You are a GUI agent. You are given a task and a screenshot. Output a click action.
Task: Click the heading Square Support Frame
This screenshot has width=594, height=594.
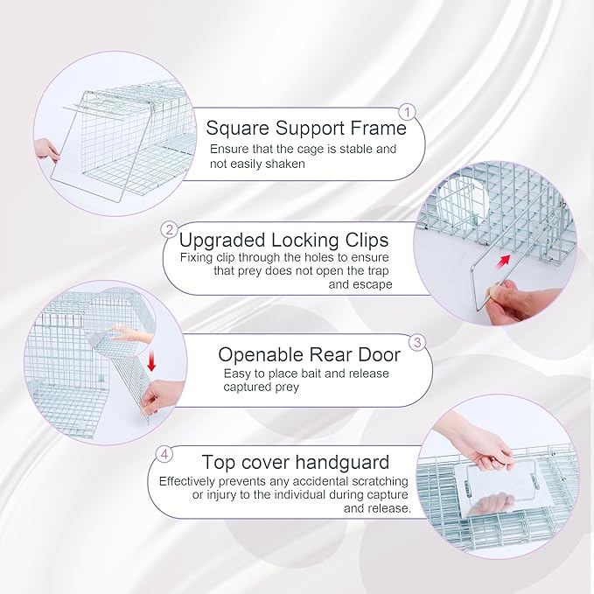click(x=306, y=128)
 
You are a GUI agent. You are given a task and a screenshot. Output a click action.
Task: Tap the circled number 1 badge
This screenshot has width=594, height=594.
click(x=407, y=112)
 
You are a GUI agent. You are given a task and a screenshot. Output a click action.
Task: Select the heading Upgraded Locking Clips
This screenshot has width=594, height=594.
click(x=283, y=239)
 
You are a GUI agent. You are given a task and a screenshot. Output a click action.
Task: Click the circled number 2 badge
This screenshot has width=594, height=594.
click(x=169, y=230)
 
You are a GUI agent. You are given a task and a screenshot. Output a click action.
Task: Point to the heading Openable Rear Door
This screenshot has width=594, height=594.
click(x=309, y=354)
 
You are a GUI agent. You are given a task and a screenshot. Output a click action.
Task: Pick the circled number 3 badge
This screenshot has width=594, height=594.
click(x=418, y=341)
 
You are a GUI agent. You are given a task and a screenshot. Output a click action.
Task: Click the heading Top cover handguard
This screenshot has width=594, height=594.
click(x=296, y=462)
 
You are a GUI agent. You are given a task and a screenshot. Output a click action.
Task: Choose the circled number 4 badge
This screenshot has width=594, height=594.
click(x=164, y=454)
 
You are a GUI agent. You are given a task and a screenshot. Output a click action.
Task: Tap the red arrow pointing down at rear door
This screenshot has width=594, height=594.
click(x=151, y=359)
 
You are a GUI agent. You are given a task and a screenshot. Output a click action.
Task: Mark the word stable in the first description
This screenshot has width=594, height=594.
click(x=344, y=150)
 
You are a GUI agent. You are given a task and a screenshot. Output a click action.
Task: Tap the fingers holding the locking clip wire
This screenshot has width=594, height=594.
click(x=515, y=299)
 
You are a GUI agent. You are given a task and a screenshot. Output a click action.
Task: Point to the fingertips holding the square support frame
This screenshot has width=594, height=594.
click(x=46, y=150)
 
